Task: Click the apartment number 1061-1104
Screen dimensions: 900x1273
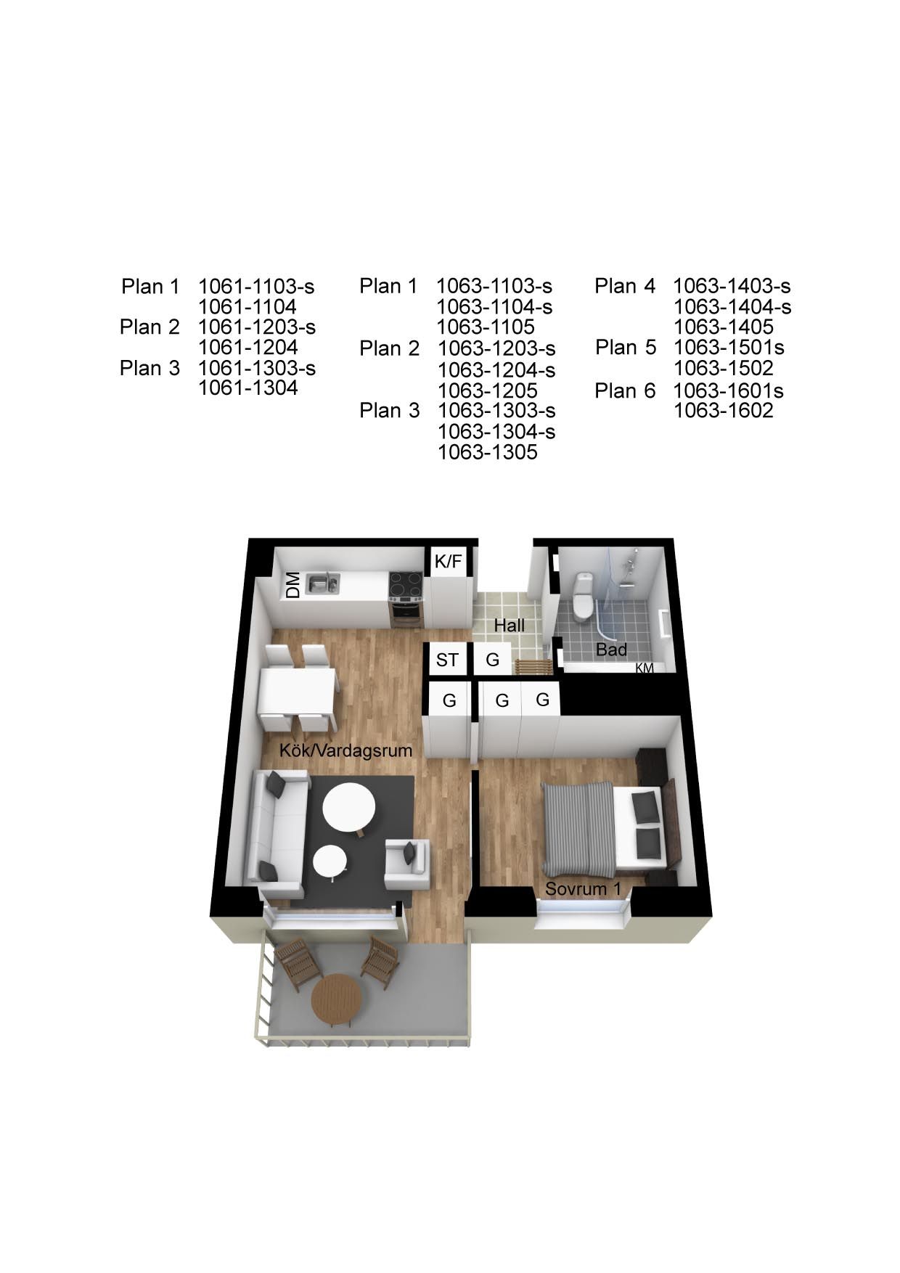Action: tap(247, 306)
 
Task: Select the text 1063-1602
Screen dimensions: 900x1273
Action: tap(724, 411)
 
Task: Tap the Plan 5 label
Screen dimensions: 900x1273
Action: tap(626, 348)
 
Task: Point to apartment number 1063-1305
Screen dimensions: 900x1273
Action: tap(487, 452)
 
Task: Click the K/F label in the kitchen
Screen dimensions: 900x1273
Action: tap(448, 561)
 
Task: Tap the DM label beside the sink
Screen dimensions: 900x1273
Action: tap(292, 586)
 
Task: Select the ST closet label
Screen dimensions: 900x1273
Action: tap(447, 660)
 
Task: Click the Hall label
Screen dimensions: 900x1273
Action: tap(509, 625)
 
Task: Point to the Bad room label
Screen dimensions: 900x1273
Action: tap(611, 650)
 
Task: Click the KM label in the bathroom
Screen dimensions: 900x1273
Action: tap(645, 668)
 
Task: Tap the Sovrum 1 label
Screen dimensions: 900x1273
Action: tap(583, 888)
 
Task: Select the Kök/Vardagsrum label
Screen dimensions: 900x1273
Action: tap(345, 750)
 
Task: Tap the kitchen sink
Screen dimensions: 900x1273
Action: tap(322, 582)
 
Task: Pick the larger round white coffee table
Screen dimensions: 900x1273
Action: tap(349, 808)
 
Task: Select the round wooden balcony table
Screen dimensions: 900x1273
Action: tap(337, 999)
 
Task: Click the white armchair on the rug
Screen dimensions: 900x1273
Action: tap(406, 864)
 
